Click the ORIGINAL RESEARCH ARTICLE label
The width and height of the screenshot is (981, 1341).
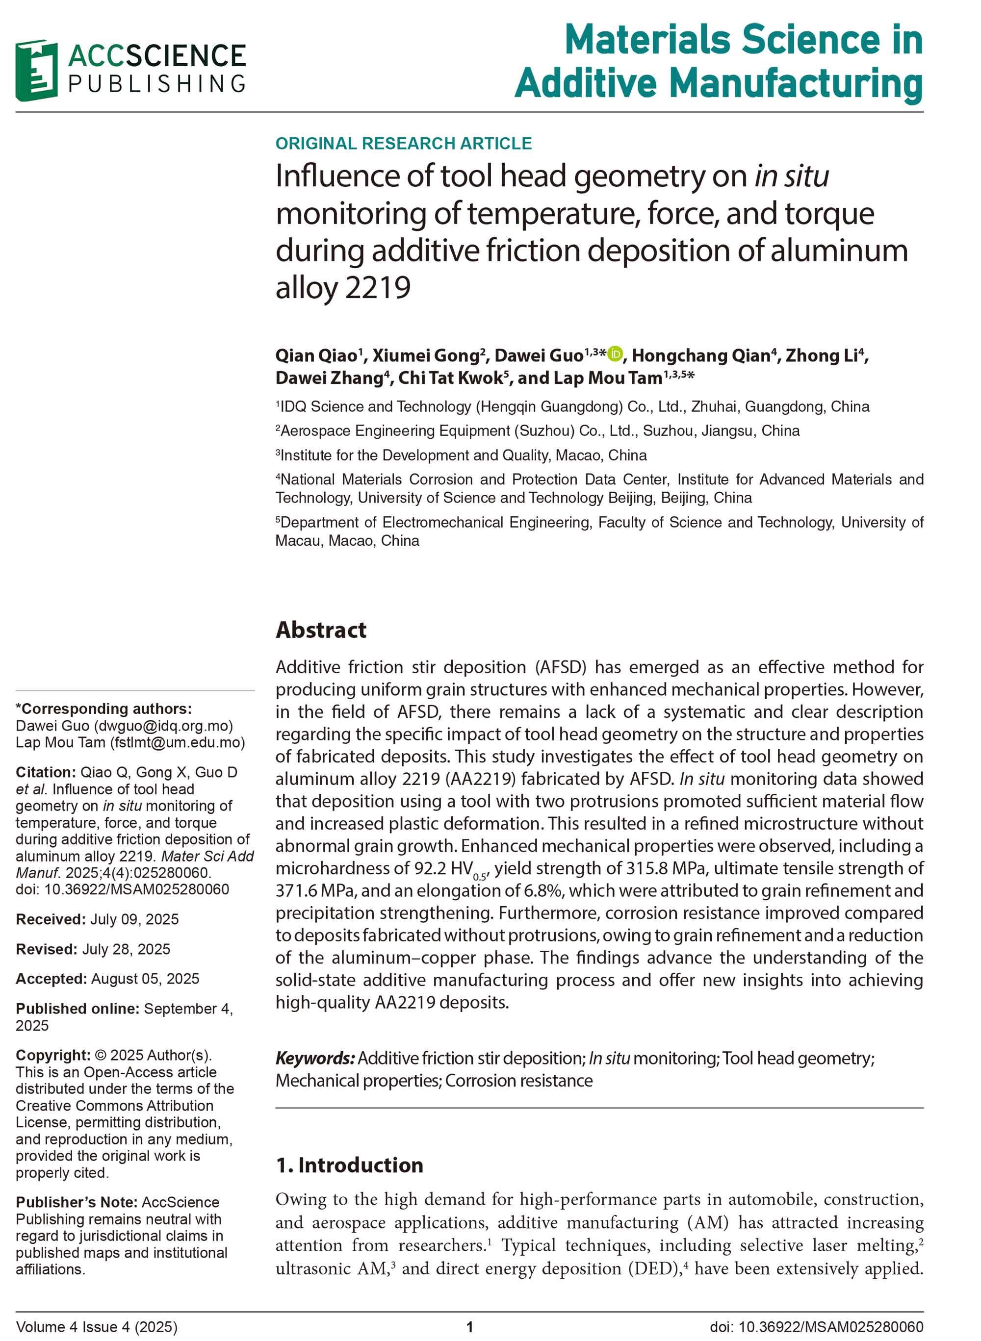(x=403, y=144)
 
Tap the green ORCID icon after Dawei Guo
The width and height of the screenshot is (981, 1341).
(x=615, y=354)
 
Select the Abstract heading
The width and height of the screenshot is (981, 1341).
(x=321, y=630)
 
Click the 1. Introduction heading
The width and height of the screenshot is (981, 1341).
(x=349, y=1165)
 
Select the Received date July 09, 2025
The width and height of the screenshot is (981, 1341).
(x=134, y=919)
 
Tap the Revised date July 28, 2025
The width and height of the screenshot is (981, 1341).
(x=126, y=949)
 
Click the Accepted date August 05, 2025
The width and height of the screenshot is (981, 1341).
(x=145, y=979)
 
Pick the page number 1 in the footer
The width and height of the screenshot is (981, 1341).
(x=470, y=1327)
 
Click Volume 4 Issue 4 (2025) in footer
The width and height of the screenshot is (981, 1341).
(x=96, y=1327)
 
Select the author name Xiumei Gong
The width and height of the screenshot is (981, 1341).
(x=425, y=355)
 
